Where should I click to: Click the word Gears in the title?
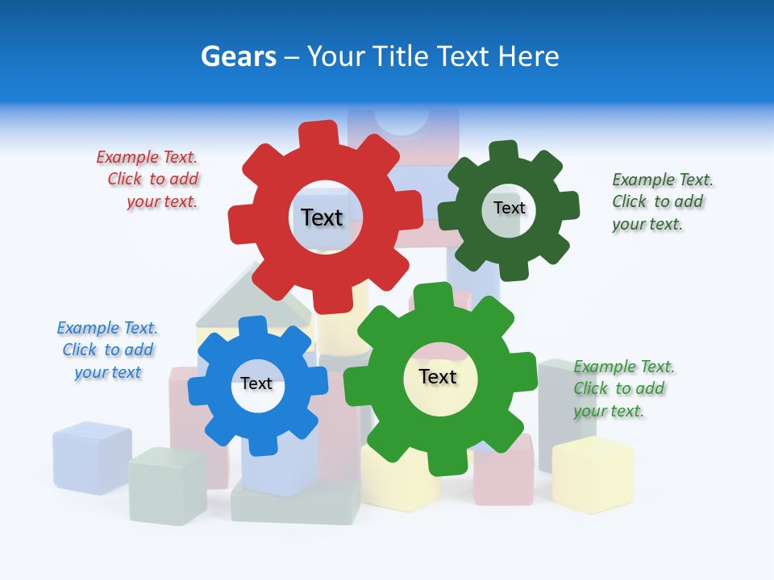239,56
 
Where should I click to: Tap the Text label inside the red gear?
322,217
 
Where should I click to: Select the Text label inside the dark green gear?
509,208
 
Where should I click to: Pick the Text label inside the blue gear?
256,383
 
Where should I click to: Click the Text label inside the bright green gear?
438,376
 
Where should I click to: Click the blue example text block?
107,350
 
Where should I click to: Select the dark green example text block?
661,201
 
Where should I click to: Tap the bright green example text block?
622,388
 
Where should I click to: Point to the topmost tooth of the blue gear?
252,325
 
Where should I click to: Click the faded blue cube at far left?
92,457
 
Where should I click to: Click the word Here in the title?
528,56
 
